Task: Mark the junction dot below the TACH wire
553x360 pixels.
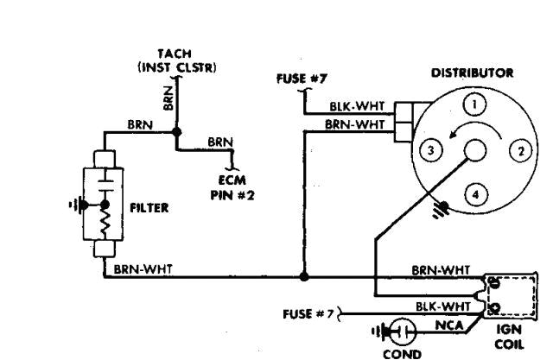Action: [176, 133]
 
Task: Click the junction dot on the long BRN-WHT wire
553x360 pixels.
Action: [303, 278]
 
